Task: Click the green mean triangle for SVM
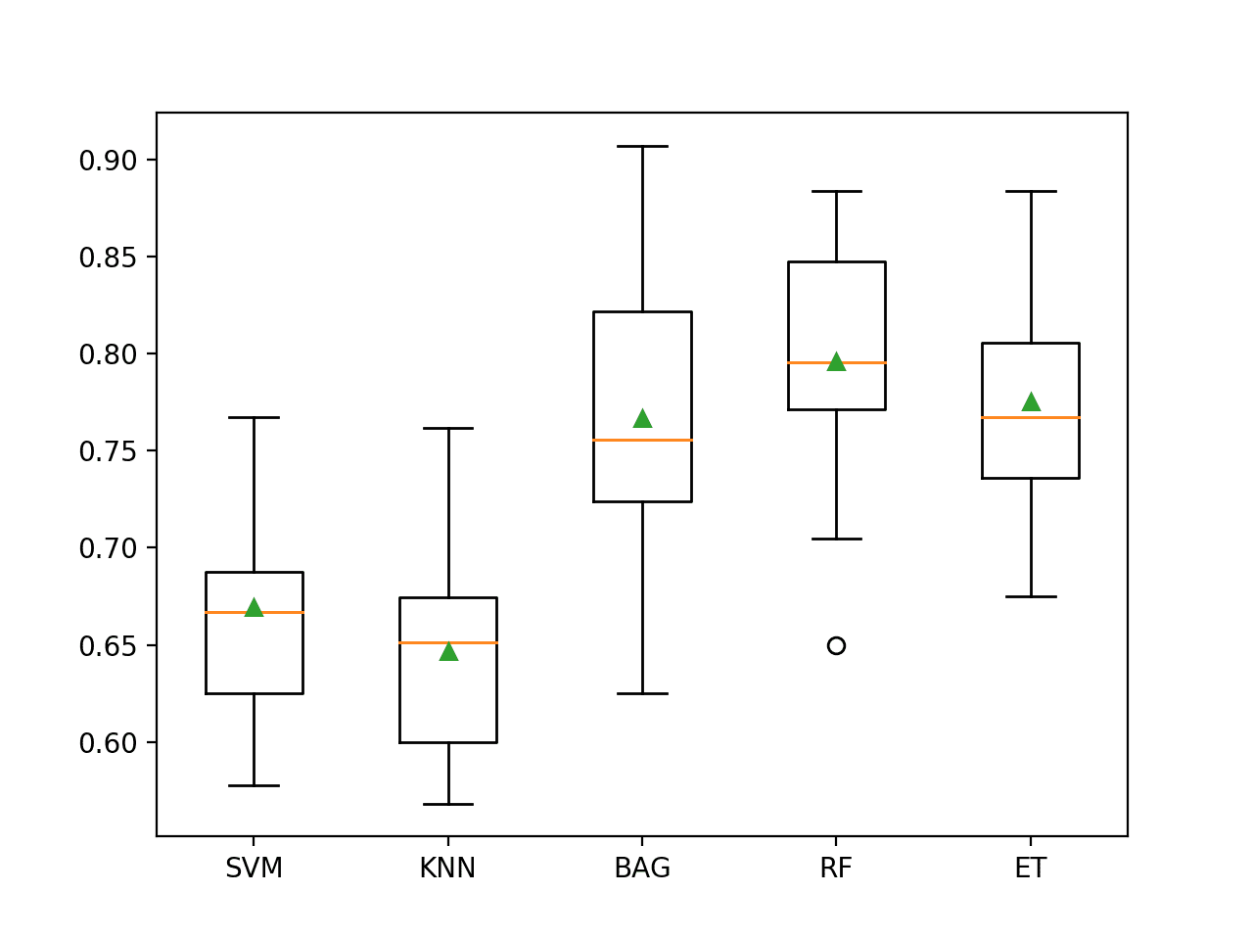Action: click(x=254, y=608)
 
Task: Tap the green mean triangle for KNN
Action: click(x=448, y=651)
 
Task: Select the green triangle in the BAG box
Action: click(x=642, y=419)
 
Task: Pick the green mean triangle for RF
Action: click(x=836, y=362)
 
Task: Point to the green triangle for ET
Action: click(x=1031, y=402)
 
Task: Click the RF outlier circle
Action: click(x=836, y=645)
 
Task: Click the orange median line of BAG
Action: click(x=642, y=440)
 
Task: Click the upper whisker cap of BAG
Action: click(x=642, y=146)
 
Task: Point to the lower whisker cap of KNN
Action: click(x=448, y=804)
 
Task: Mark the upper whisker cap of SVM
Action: click(x=254, y=417)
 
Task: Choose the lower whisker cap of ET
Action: click(x=1031, y=596)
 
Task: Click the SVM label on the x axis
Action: click(x=254, y=869)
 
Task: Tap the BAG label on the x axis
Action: click(x=642, y=869)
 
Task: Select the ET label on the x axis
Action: click(x=1031, y=869)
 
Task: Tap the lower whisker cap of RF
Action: click(x=836, y=539)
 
